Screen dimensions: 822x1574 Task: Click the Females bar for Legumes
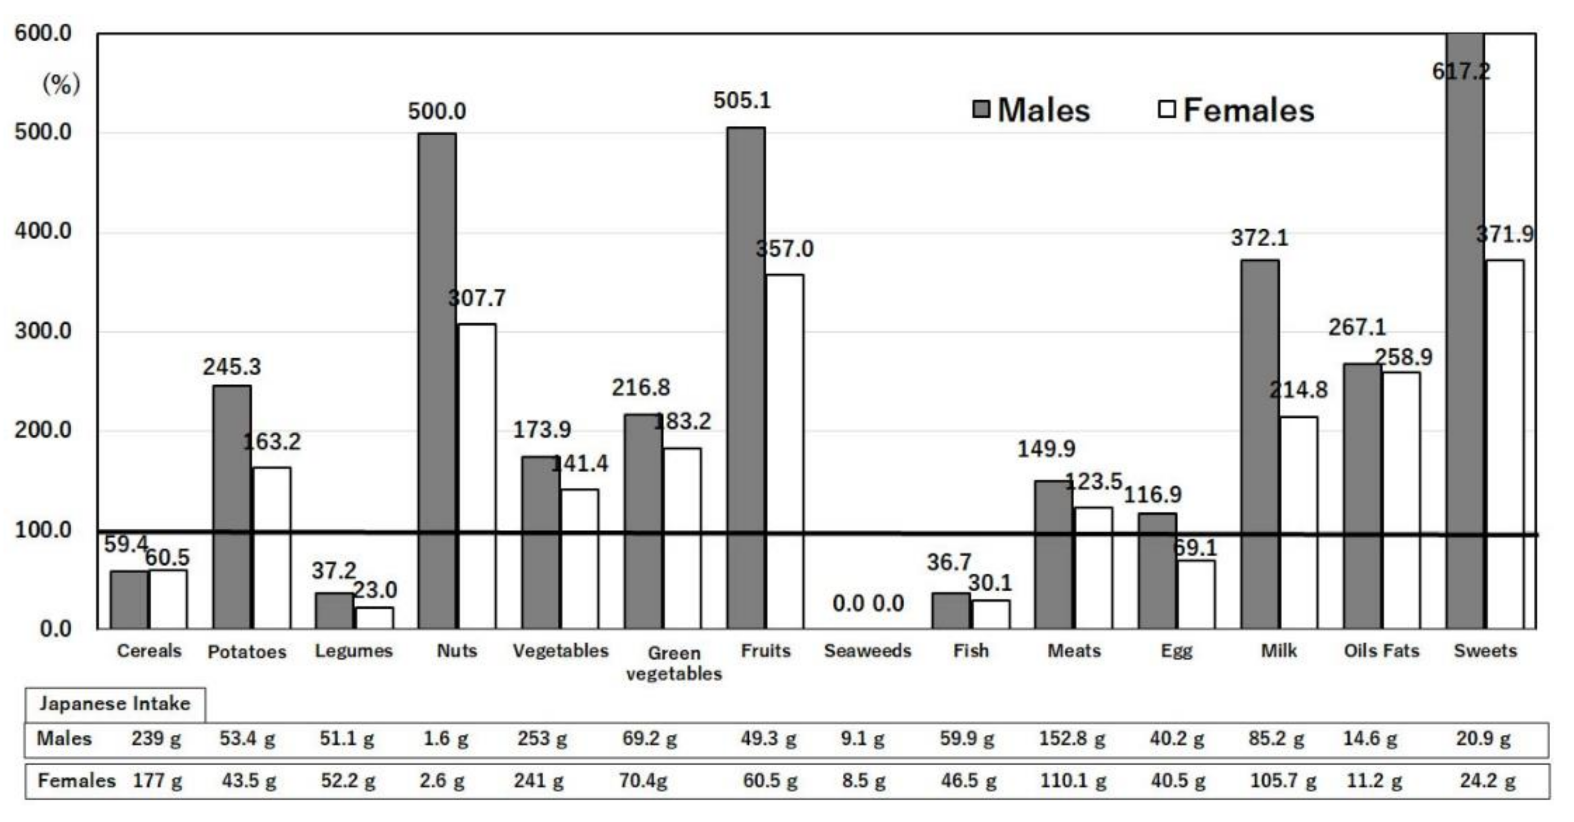pos(374,617)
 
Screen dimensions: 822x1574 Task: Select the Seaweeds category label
pos(867,651)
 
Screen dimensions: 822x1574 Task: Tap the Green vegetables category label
pos(674,663)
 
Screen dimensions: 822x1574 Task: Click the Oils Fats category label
pos(1381,651)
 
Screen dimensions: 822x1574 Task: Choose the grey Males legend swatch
pos(981,110)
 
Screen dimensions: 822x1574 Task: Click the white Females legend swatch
pos(1167,110)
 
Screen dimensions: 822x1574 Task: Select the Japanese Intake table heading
pos(115,703)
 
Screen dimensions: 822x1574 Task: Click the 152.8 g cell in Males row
pos(1073,739)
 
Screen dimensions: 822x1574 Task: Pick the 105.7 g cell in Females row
pos(1283,781)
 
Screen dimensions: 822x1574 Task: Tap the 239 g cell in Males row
pos(156,739)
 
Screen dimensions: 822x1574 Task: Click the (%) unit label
pos(61,84)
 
